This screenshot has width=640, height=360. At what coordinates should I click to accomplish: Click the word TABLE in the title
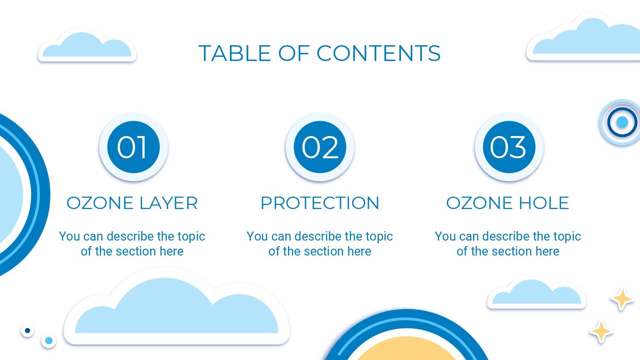pos(235,53)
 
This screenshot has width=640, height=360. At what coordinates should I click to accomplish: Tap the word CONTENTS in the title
pos(378,53)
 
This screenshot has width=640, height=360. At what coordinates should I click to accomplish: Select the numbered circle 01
pos(134,147)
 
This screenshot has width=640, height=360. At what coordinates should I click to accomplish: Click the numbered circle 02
pos(320,147)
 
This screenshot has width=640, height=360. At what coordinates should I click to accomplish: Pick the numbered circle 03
pos(509,147)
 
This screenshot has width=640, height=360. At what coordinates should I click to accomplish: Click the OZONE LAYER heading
pos(132,203)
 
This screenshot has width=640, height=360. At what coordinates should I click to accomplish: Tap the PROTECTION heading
pos(320,203)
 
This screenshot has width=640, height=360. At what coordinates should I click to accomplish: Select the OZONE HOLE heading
pos(508,203)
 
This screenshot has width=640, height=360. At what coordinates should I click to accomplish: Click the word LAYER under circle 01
pos(169,203)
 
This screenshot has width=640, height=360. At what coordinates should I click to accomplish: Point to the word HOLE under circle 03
pos(544,203)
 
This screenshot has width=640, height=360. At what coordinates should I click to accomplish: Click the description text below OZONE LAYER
pos(132,244)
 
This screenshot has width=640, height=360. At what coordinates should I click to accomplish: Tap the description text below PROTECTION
pos(320,244)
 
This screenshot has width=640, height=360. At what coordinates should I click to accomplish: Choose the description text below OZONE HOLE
pos(508,244)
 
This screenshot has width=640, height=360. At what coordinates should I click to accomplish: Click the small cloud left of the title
pos(87,46)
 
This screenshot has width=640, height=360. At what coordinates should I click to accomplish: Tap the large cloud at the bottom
pos(177,308)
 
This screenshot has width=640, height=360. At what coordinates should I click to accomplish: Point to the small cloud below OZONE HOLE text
pos(537,293)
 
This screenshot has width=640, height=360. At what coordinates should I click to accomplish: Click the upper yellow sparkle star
pos(622,299)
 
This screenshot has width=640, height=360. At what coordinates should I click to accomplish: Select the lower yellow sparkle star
pos(601,332)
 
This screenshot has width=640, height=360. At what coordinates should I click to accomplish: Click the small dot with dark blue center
pos(27,331)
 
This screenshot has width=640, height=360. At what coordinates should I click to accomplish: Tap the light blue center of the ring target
pos(622,122)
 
